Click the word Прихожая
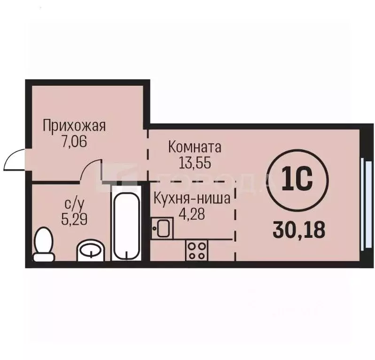point(74,126)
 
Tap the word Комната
point(194,148)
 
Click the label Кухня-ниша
point(191,199)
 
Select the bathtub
point(125,222)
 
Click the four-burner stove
point(197,249)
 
